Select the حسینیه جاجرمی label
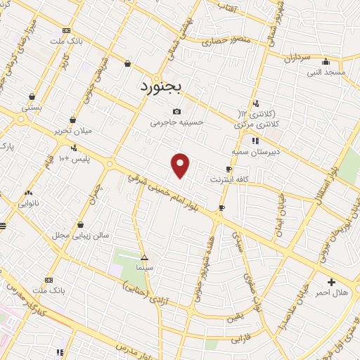point(176,122)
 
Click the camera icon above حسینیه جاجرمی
point(176,111)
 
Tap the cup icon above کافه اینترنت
point(229,169)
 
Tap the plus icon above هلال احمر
point(332,281)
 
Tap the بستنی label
point(32,108)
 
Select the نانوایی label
point(29,203)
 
